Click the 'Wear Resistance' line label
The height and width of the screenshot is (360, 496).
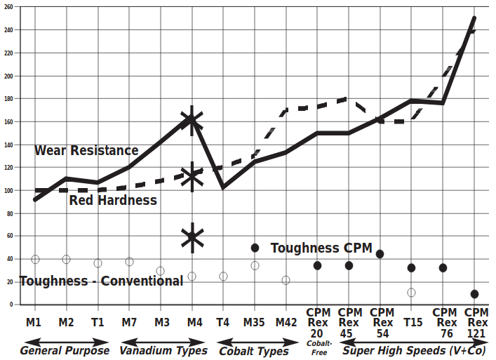86,150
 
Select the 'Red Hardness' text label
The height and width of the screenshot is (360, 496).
113,201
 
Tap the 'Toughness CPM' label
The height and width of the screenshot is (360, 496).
321,248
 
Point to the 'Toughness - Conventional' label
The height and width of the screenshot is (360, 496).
101,281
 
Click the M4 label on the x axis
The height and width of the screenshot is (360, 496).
194,322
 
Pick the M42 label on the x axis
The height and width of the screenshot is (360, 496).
286,322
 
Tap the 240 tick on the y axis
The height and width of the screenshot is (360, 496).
9,30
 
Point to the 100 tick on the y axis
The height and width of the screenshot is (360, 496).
9,190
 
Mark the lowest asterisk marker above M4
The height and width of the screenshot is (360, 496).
192,237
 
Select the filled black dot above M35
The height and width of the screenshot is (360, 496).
255,248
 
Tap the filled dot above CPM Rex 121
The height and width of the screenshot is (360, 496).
475,294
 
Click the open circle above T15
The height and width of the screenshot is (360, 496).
411,292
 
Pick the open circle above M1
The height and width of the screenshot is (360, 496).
35,260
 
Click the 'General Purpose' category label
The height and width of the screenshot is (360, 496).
65,350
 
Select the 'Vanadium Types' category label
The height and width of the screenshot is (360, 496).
163,350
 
